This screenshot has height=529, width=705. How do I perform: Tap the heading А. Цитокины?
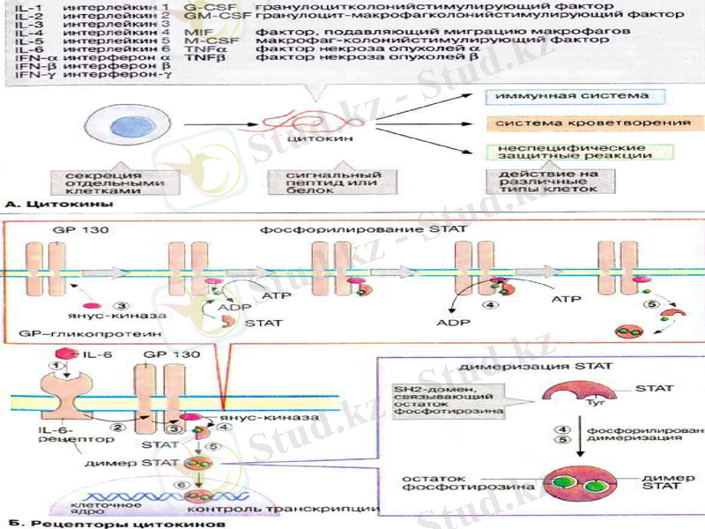click(x=58, y=205)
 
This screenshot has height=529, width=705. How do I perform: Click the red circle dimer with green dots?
click(x=578, y=484)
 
